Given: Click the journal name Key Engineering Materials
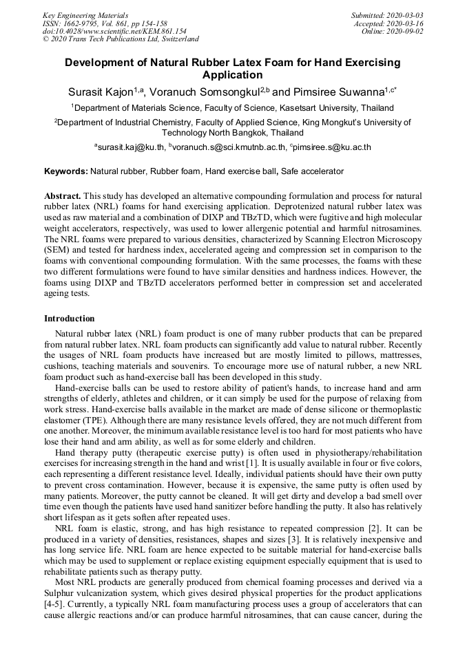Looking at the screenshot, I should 85,14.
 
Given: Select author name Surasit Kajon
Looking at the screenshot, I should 100,92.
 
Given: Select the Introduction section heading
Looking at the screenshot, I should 70,319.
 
